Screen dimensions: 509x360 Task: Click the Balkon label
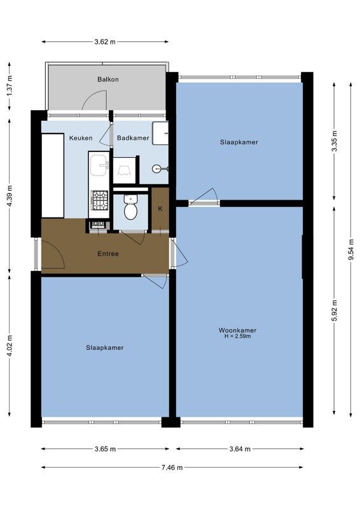(x=108, y=80)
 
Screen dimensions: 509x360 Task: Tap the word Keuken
(x=81, y=137)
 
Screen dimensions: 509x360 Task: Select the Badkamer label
(x=133, y=137)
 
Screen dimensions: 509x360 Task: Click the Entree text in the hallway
(x=108, y=254)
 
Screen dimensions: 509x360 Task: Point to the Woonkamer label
(x=237, y=330)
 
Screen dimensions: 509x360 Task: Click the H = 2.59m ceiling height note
(x=237, y=337)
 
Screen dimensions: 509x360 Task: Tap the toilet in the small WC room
(x=130, y=207)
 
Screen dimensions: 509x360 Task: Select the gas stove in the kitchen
(x=99, y=200)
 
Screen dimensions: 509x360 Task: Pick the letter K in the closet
(x=160, y=209)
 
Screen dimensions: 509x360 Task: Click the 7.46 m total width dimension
(x=172, y=467)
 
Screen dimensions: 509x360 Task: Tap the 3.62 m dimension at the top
(x=105, y=42)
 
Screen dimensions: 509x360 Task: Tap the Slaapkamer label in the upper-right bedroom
(x=239, y=142)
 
